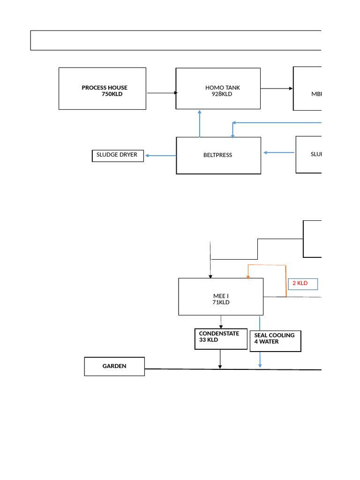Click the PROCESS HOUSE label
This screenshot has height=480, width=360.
[104, 88]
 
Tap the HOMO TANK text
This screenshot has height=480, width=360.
[222, 88]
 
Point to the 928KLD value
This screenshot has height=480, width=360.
[222, 94]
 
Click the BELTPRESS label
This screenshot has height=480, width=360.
[218, 155]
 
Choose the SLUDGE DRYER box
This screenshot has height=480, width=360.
[117, 155]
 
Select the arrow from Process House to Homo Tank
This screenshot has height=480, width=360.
[161, 93]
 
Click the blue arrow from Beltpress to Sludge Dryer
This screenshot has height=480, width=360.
[160, 155]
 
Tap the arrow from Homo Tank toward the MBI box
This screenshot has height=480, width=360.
[277, 88]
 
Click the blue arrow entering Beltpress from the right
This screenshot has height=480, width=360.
[279, 152]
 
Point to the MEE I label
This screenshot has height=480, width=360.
[221, 296]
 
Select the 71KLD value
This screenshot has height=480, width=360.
[221, 302]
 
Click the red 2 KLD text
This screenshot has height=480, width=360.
[300, 283]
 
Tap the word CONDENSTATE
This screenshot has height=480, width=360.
[219, 334]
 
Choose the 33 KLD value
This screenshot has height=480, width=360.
[209, 340]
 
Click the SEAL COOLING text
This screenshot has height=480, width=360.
[274, 335]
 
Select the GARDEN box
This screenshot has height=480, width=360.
[114, 366]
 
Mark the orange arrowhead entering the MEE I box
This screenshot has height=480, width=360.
[248, 277]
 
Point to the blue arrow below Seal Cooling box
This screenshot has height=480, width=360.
[260, 360]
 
